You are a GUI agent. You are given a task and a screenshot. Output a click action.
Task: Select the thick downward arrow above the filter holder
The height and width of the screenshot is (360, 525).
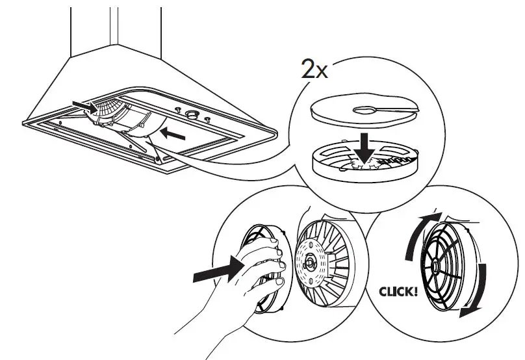click(x=366, y=144)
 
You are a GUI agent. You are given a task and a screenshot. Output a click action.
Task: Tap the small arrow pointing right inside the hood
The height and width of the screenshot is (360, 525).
click(x=83, y=103)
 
